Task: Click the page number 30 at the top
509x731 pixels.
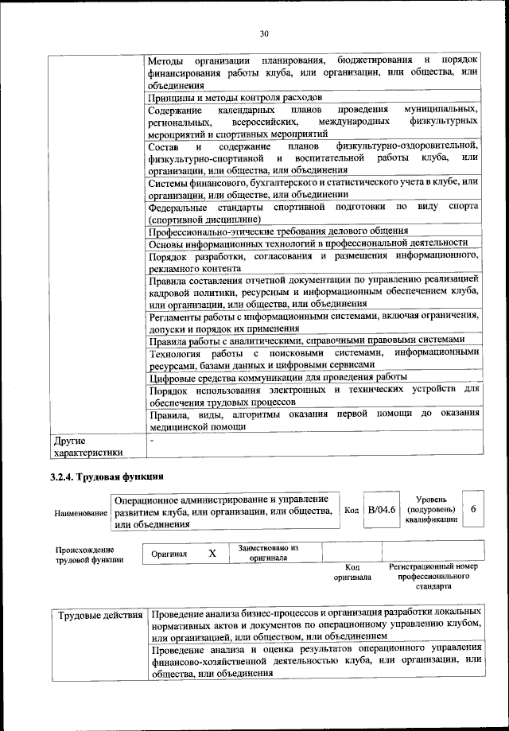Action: point(264,33)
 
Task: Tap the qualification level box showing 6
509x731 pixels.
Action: point(473,509)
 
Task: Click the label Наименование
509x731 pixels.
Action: point(80,514)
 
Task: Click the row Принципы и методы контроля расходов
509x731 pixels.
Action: point(225,98)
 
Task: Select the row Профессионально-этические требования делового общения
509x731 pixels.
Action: point(278,231)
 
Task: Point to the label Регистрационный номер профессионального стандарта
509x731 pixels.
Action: point(433,577)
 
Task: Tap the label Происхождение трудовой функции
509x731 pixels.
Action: point(84,554)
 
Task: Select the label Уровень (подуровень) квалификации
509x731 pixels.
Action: point(431,509)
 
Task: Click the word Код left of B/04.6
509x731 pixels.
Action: point(350,510)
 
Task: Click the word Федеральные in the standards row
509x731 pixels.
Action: point(180,207)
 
